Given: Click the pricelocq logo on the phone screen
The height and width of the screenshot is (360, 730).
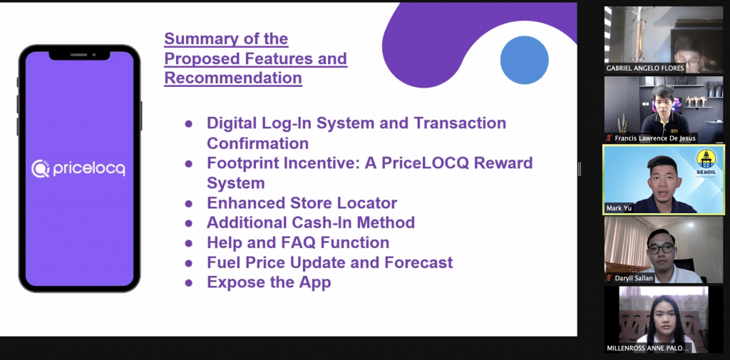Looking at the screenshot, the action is click(x=78, y=168).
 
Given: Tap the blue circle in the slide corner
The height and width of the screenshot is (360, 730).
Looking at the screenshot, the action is click(x=524, y=60).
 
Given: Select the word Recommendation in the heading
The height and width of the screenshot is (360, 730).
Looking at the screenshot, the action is click(x=233, y=78).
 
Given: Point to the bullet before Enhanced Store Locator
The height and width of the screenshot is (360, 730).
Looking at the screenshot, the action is click(x=188, y=203).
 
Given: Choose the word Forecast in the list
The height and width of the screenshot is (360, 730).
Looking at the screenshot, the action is click(x=418, y=262).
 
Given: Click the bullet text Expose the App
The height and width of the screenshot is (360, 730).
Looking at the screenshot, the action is click(x=269, y=282).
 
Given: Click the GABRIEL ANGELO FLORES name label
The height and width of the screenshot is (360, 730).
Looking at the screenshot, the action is click(x=644, y=68).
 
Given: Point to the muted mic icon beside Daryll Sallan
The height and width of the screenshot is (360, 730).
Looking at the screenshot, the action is click(x=609, y=278).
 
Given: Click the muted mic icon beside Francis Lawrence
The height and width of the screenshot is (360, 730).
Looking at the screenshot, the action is click(x=609, y=138).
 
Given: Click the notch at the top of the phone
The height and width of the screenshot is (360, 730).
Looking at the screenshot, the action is click(x=80, y=55).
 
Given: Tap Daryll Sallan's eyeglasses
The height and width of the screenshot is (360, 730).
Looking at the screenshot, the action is click(x=660, y=248).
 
